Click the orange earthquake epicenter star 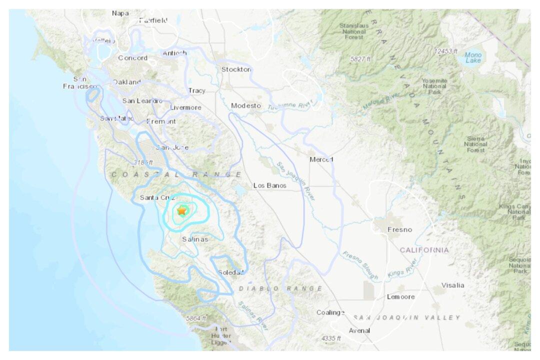pyautogui.click(x=181, y=211)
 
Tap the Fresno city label pyautogui.click(x=400, y=229)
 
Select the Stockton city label pyautogui.click(x=236, y=69)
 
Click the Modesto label pyautogui.click(x=246, y=105)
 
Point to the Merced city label pyautogui.click(x=321, y=159)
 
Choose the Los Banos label pyautogui.click(x=269, y=185)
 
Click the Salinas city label pyautogui.click(x=194, y=239)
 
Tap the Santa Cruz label pyautogui.click(x=157, y=197)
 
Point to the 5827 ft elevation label pyautogui.click(x=360, y=59)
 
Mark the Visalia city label pyautogui.click(x=452, y=285)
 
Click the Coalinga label pyautogui.click(x=330, y=312)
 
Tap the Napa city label pyautogui.click(x=120, y=13)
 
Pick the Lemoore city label pyautogui.click(x=400, y=296)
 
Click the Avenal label pyautogui.click(x=359, y=330)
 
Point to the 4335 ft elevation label pyautogui.click(x=330, y=338)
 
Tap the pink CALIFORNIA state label pyautogui.click(x=424, y=249)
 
